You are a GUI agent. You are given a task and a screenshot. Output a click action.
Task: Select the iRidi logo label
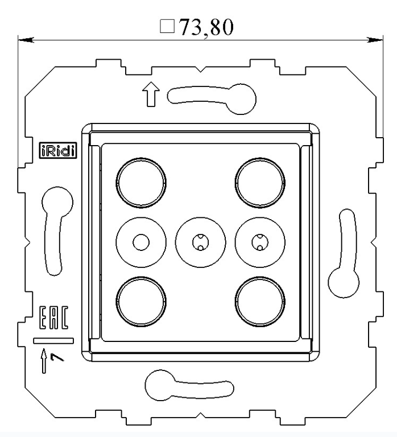coord(58,151)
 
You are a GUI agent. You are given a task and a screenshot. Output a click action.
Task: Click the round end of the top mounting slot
coord(239,98)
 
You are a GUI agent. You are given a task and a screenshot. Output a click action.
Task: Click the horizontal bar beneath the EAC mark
coord(53,341)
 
